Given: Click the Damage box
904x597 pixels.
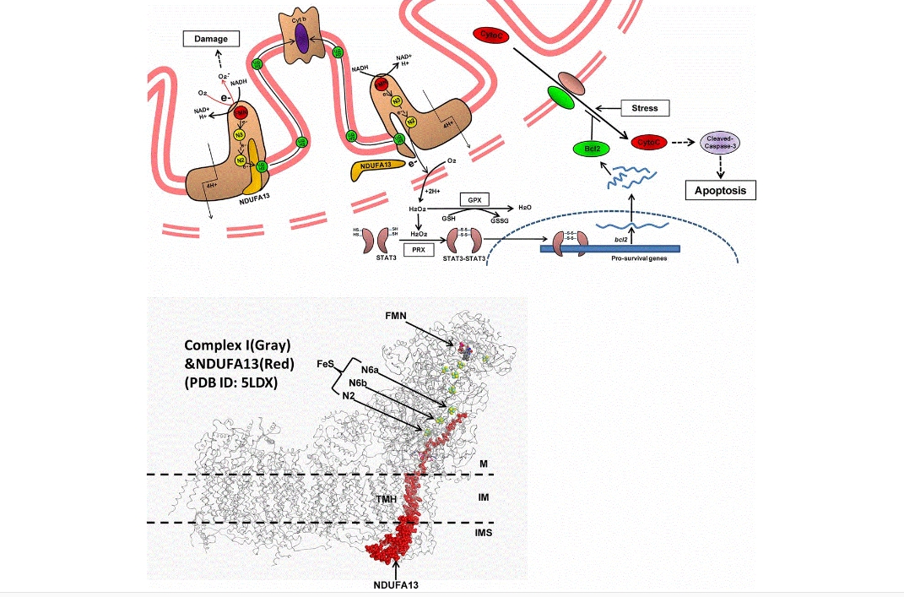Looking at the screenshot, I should pyautogui.click(x=211, y=38).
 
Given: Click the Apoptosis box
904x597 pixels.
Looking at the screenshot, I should pyautogui.click(x=720, y=190).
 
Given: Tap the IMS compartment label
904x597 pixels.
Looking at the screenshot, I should pyautogui.click(x=484, y=533).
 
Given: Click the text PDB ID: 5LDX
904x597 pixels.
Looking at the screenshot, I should pyautogui.click(x=233, y=381).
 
